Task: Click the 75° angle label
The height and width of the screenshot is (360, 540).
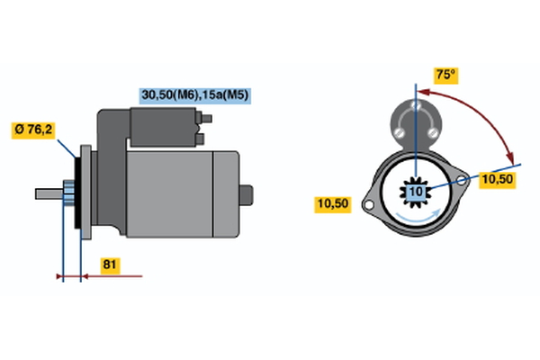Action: (x=445, y=75)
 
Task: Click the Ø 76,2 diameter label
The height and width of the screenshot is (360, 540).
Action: (x=33, y=130)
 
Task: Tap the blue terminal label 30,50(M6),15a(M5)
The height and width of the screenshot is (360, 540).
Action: (x=195, y=95)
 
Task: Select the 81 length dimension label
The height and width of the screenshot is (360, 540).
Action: (x=110, y=265)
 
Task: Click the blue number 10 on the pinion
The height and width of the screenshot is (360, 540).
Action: (x=416, y=192)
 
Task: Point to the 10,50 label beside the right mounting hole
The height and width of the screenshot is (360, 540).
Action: (x=498, y=180)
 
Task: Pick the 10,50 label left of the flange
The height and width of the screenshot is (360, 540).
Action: (x=333, y=204)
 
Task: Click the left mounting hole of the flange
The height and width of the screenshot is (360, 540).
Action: (x=368, y=205)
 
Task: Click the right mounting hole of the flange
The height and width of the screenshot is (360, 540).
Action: (x=461, y=180)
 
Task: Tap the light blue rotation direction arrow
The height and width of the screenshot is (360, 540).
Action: (x=418, y=217)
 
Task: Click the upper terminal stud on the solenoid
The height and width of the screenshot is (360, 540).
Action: (x=206, y=119)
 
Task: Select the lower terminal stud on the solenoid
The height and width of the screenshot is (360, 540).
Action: (x=200, y=139)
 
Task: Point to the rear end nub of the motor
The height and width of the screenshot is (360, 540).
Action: (x=246, y=195)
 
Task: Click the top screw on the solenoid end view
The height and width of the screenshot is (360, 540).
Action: (x=416, y=104)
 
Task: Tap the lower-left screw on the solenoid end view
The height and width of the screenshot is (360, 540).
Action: (x=400, y=132)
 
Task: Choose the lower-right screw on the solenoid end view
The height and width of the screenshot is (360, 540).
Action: (x=433, y=132)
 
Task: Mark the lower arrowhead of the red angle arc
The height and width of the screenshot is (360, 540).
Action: (x=510, y=158)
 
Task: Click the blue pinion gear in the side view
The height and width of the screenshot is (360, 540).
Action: (x=69, y=193)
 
